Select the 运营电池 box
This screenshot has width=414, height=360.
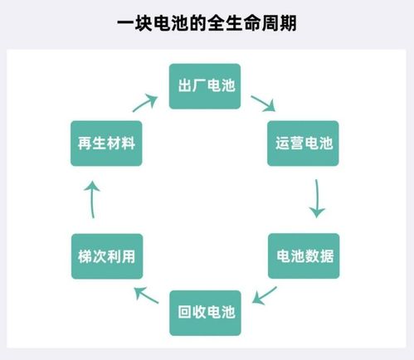coord(304,143)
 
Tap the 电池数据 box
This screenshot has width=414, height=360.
coord(304,255)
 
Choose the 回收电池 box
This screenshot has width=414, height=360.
coord(206,313)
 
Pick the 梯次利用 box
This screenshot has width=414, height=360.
coord(104,255)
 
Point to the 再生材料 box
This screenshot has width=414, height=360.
coord(104,143)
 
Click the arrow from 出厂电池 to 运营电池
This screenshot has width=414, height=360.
coord(264,105)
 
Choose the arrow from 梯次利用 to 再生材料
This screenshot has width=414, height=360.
coord(93,200)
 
